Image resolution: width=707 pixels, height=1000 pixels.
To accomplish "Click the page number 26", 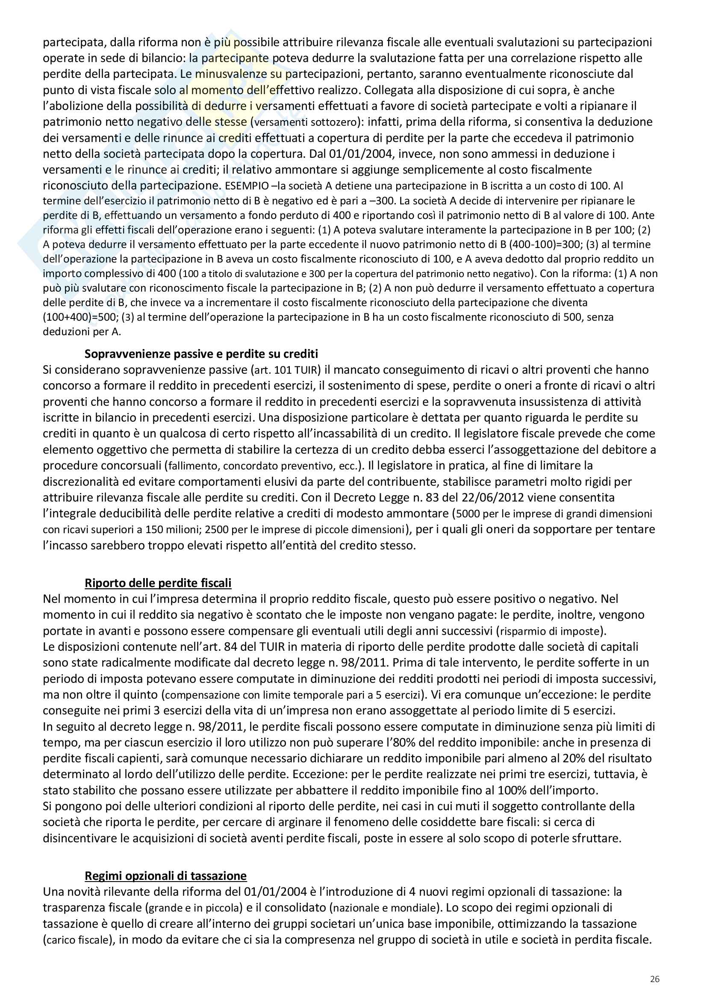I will [x=654, y=979].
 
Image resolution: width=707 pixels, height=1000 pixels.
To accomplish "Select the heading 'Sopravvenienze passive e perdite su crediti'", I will [x=201, y=354].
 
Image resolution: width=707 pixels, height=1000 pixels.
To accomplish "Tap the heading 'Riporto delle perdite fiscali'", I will [x=158, y=583].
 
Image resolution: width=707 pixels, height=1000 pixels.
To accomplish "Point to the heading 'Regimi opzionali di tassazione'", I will [x=165, y=876].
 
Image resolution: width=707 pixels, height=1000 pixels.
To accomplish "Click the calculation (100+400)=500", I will [x=80, y=317].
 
